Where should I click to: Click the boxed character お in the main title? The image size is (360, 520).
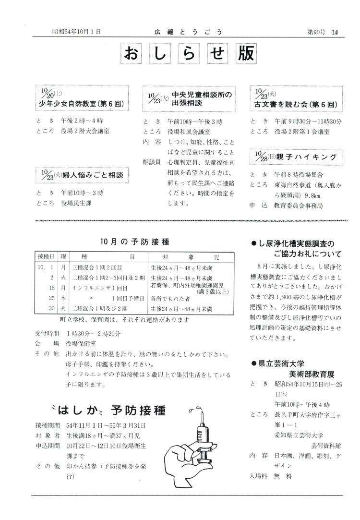131,54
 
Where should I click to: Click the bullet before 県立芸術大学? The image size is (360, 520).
254,363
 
